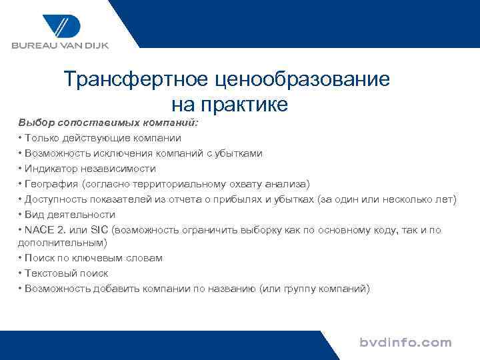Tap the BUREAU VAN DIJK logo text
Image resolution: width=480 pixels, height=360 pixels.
pos(59,46)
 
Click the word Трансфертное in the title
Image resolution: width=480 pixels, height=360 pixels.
pos(136,80)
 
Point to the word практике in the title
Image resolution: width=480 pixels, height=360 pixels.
pos(251,104)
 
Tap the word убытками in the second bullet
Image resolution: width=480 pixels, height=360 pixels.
pos(238,153)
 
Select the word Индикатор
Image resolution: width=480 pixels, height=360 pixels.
pos(49,169)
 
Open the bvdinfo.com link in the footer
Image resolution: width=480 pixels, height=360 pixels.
pos(405,343)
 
